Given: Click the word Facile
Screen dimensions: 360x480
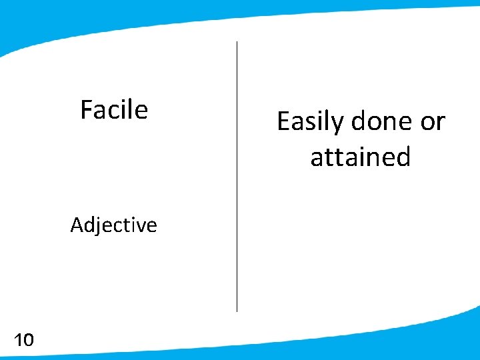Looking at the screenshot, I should pyautogui.click(x=114, y=109).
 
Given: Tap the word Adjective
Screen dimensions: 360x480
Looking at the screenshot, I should pyautogui.click(x=113, y=225).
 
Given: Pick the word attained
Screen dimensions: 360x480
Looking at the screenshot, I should pyautogui.click(x=360, y=157).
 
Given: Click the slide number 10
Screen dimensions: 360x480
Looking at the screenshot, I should pyautogui.click(x=23, y=341).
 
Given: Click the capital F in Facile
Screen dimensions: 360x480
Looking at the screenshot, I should pyautogui.click(x=86, y=109).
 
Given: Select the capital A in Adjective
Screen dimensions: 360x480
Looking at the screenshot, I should pyautogui.click(x=77, y=225).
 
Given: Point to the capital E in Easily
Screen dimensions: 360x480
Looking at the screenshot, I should pyautogui.click(x=283, y=121).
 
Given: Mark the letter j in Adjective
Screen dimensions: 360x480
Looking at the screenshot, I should pyautogui.click(x=97, y=227).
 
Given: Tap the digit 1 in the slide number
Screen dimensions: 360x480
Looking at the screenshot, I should pyautogui.click(x=17, y=341).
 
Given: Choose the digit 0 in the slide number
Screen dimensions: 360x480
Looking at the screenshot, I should pyautogui.click(x=28, y=341).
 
